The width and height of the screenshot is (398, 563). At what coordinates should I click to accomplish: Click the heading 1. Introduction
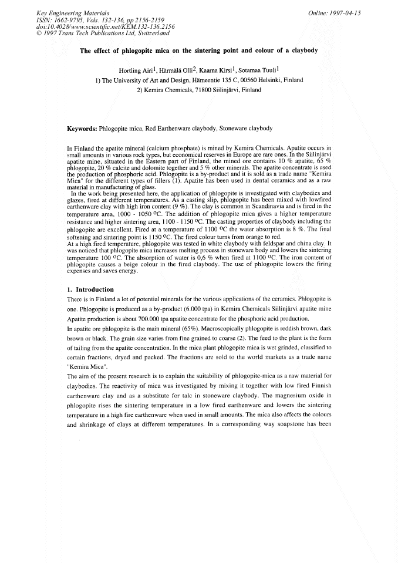tap(90, 289)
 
